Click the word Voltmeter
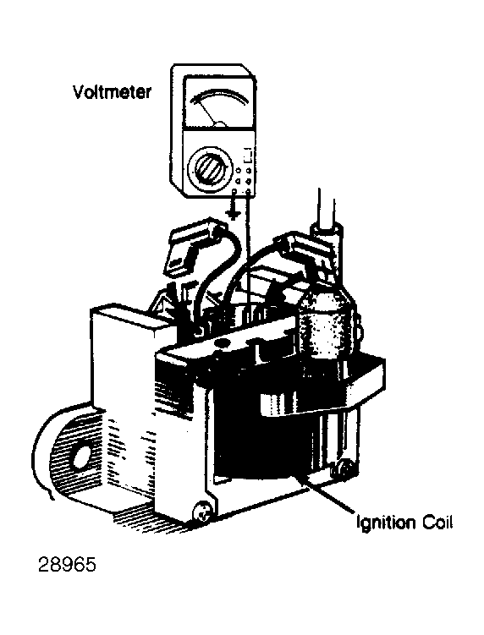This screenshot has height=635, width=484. [x=112, y=92]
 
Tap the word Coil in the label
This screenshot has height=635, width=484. [x=437, y=522]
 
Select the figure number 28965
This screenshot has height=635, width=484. [x=68, y=565]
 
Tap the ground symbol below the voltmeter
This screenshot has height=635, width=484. [x=233, y=211]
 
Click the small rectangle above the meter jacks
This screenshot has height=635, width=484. [x=248, y=155]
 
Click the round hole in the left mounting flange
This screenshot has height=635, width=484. [x=81, y=457]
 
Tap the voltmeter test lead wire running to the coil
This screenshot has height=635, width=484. [x=248, y=255]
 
